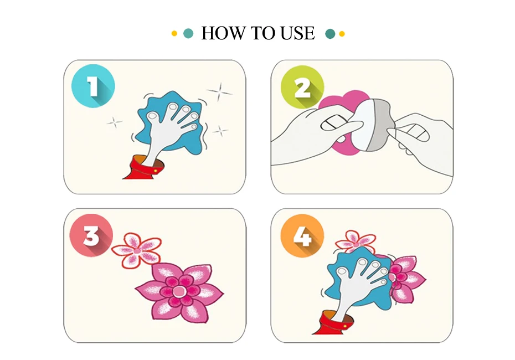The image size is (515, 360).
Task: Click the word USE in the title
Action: pos(298,33)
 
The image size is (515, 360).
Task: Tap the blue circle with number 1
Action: pos(93,86)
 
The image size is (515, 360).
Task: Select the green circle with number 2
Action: pos(302,88)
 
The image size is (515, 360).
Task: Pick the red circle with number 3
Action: pos(91,235)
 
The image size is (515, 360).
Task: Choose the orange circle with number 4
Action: pos(302,235)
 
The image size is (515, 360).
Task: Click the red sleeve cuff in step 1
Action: pos(143,168)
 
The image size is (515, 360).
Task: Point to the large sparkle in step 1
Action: pos(220,91)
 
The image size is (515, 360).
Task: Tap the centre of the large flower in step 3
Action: pos(179,291)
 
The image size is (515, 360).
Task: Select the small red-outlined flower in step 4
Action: pos(356,241)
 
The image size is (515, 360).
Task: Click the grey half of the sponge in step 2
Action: pos(379,125)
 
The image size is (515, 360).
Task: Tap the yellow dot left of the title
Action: pos(174,33)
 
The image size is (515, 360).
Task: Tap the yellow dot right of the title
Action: pos(342,33)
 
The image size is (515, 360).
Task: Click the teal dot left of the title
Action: pos(188,33)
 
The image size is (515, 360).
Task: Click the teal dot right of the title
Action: pos(330,33)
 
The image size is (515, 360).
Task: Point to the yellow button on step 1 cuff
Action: pos(156,171)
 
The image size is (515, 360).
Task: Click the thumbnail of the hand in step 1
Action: pos(152,116)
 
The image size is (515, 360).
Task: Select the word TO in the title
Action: pos(262,33)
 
